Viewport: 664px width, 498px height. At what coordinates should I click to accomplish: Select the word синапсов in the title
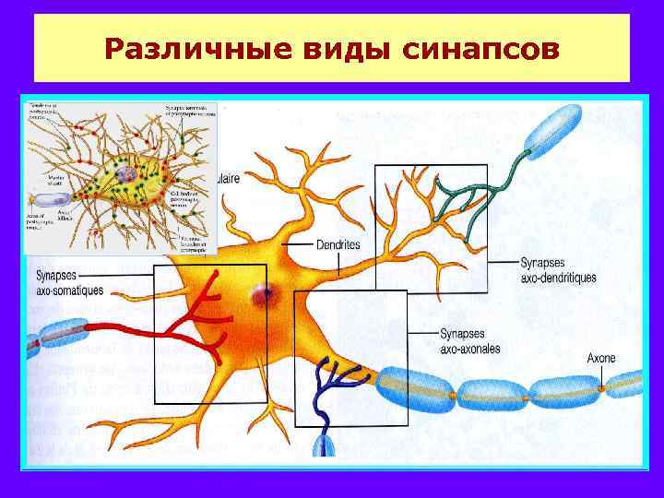point(480,46)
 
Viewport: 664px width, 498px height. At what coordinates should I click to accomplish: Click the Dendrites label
point(338,244)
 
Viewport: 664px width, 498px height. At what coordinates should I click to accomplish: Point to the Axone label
point(601,358)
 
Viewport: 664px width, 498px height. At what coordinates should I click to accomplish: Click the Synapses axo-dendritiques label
point(558,269)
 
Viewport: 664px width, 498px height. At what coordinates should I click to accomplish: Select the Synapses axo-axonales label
point(470,341)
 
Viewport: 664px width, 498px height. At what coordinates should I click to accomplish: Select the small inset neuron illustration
point(120,177)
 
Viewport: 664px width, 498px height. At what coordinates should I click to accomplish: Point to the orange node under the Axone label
point(600,390)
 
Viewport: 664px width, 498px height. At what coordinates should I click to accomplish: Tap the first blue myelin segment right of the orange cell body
point(415,385)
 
